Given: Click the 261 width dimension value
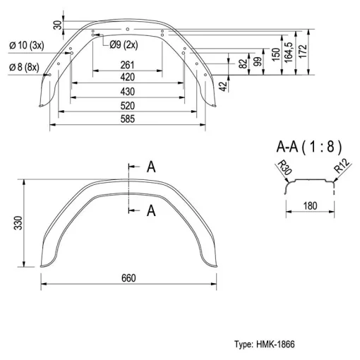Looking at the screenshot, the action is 127,65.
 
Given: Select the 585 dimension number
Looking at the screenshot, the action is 128,119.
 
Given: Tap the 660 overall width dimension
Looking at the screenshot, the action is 128,278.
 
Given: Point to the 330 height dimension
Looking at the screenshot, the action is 18,223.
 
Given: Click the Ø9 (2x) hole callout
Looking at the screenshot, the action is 124,44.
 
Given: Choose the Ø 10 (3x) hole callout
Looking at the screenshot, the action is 27,45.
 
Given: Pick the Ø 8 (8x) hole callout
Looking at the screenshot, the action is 24,67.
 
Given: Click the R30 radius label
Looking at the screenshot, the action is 284,167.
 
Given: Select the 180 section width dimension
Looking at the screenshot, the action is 310,206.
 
